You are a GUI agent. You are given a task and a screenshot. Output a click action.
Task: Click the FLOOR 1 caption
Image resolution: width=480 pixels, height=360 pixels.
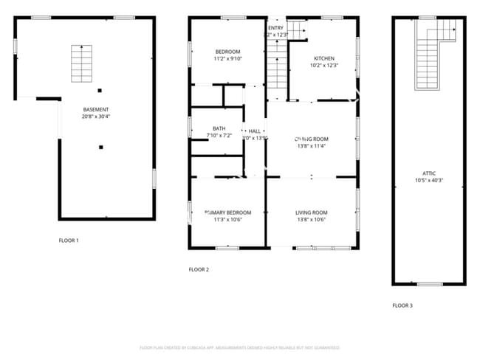[69, 240]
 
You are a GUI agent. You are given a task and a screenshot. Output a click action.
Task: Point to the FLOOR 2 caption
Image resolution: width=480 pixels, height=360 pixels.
[199, 270]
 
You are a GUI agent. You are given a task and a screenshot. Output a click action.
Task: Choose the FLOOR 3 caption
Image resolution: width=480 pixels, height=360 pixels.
[402, 305]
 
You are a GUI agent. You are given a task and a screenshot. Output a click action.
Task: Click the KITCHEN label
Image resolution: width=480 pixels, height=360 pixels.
[324, 58]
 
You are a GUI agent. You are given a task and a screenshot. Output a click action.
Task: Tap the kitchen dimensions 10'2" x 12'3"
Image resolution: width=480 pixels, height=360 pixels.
[324, 66]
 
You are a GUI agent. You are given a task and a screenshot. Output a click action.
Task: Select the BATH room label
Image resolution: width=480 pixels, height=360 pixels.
[219, 128]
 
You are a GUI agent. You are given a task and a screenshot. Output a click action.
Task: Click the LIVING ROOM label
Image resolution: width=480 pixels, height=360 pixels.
[311, 212]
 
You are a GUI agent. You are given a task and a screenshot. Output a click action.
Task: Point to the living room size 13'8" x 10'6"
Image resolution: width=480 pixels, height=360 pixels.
[311, 220]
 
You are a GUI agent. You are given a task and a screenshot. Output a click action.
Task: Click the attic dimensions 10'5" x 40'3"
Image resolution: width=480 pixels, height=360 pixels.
[429, 181]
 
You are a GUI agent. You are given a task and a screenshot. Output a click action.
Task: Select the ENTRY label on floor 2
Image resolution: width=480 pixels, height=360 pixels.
[275, 28]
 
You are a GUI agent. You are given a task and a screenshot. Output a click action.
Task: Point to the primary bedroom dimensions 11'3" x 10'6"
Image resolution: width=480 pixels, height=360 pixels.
[227, 220]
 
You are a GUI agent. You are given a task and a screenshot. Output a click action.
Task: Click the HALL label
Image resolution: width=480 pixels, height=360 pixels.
[255, 131]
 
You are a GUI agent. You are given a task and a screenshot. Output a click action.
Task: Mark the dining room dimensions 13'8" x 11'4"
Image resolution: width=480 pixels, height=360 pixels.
[311, 146]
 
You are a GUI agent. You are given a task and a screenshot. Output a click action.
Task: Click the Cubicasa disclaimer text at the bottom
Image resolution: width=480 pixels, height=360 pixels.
[239, 347]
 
